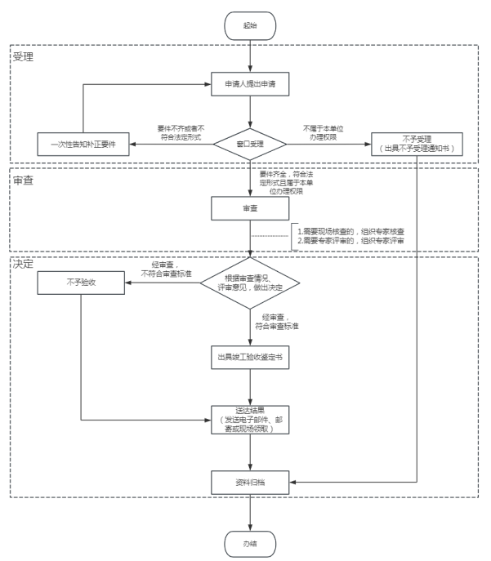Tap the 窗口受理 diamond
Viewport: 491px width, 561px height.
click(x=250, y=144)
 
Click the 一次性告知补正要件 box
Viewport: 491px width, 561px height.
click(x=83, y=144)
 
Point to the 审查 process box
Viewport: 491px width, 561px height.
click(x=250, y=208)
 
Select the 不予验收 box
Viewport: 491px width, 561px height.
click(x=83, y=284)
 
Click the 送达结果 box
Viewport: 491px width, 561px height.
click(x=250, y=418)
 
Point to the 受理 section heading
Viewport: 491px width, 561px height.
click(x=23, y=57)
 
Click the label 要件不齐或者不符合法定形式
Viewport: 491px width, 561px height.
click(x=181, y=133)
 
